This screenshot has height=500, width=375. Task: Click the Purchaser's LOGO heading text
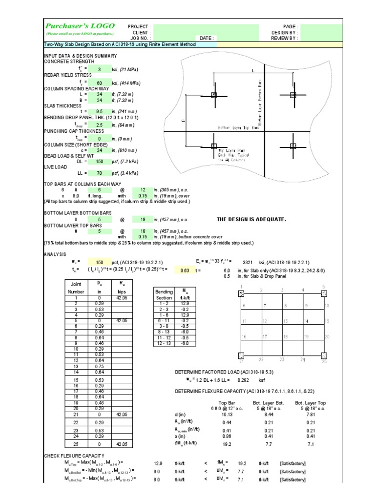(x=80, y=26)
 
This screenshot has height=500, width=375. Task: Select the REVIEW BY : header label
(x=284, y=38)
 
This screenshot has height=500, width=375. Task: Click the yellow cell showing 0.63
(x=185, y=270)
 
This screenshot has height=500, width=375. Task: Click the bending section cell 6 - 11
(x=164, y=321)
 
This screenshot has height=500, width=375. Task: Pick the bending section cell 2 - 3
(x=164, y=309)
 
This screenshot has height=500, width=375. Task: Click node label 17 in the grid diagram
(x=265, y=336)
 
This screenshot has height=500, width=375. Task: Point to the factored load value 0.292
(x=243, y=379)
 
